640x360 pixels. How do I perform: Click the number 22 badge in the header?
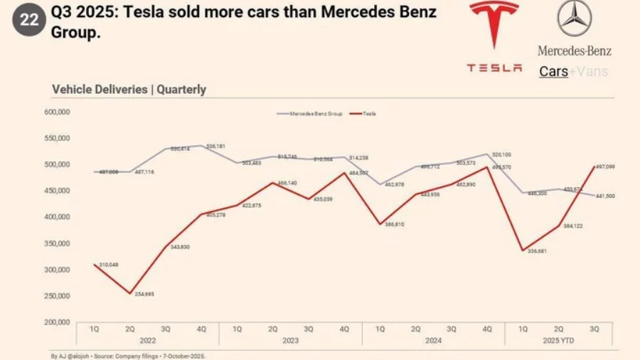pyautogui.click(x=29, y=20)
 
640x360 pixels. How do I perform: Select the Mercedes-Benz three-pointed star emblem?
pyautogui.click(x=574, y=19)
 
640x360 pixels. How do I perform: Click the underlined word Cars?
pyautogui.click(x=553, y=71)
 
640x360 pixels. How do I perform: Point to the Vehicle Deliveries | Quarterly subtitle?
pyautogui.click(x=129, y=90)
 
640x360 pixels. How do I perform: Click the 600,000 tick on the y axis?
pyautogui.click(x=56, y=112)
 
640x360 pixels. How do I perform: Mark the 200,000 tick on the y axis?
pyautogui.click(x=56, y=322)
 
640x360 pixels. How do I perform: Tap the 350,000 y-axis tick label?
pyautogui.click(x=56, y=243)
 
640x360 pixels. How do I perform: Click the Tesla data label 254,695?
pyautogui.click(x=144, y=294)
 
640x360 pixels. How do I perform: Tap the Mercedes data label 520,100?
pyautogui.click(x=501, y=154)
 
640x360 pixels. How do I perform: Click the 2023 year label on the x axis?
pyautogui.click(x=290, y=341)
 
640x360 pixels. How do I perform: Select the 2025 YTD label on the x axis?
pyautogui.click(x=559, y=341)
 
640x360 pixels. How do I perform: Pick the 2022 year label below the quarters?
pyautogui.click(x=147, y=341)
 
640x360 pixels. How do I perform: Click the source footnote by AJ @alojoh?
pyautogui.click(x=128, y=355)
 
